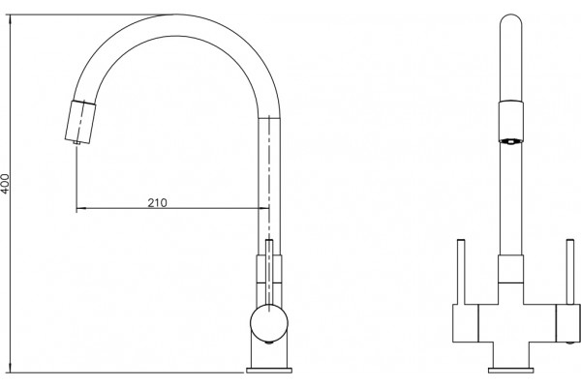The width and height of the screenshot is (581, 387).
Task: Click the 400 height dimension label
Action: point(5,183)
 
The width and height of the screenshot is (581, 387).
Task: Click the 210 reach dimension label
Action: point(158,202)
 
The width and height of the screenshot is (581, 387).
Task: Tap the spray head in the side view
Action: point(80,121)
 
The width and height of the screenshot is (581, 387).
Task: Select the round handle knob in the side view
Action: point(269,323)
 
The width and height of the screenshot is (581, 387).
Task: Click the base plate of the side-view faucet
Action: point(269,370)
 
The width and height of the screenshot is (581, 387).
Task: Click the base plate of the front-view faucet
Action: point(511,370)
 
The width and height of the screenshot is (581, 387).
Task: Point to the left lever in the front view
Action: point(461,272)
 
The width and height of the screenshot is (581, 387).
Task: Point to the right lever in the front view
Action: point(570,272)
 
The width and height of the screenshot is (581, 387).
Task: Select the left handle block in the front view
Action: point(466,323)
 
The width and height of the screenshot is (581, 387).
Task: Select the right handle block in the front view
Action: point(568,323)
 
